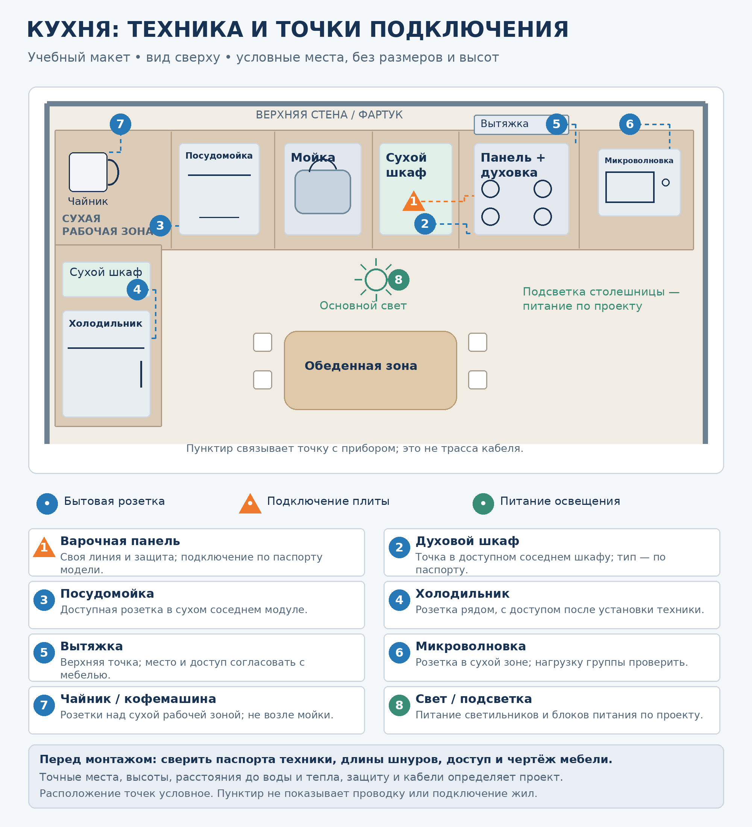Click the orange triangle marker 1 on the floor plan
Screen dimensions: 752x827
(x=414, y=201)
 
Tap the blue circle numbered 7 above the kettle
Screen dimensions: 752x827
(x=120, y=124)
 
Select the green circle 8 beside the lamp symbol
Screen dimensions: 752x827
(x=398, y=280)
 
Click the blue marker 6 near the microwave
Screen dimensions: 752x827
(x=630, y=124)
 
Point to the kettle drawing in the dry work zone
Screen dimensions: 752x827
(x=94, y=172)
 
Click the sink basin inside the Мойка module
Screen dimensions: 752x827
(x=323, y=192)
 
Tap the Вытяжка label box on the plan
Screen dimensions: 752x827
(x=521, y=124)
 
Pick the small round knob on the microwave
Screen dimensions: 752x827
(x=666, y=183)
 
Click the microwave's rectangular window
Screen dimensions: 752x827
(x=630, y=187)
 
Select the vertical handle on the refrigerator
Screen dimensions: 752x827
(x=141, y=374)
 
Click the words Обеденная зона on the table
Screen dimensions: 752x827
(x=361, y=365)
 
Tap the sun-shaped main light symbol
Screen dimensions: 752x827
(x=376, y=280)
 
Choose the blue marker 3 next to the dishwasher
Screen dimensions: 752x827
(x=160, y=226)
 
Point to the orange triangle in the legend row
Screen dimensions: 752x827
(x=250, y=503)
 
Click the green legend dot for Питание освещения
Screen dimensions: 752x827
(x=483, y=503)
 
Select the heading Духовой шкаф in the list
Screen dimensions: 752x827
(x=467, y=541)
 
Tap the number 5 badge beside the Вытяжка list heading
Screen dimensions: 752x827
(x=44, y=653)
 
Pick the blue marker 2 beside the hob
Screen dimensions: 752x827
(x=425, y=224)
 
